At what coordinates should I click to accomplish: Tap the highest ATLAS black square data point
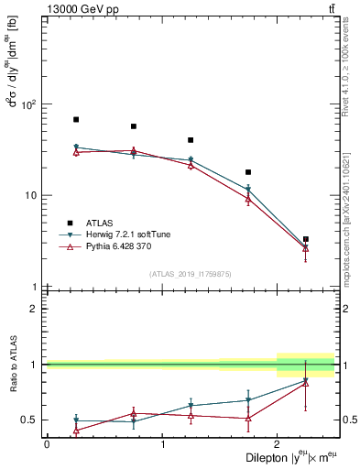[x=76, y=120]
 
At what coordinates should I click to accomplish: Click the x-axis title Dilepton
[x=267, y=457]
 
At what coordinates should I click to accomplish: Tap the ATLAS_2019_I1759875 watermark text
[x=191, y=273]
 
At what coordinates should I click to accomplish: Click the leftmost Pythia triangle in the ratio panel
[x=76, y=430]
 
